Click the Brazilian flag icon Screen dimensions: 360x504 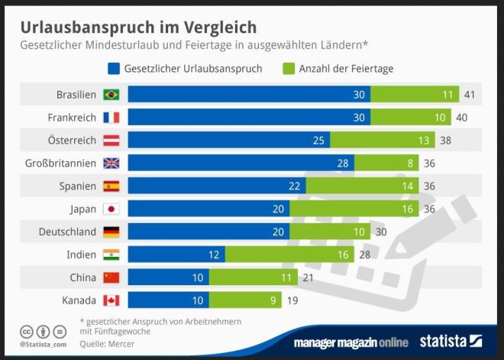111,95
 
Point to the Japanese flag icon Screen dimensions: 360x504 111,209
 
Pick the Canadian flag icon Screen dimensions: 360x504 111,300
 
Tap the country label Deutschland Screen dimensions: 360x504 67,232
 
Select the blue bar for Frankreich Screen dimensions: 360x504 248,118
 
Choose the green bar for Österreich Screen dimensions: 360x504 383,140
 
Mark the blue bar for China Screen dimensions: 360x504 168,277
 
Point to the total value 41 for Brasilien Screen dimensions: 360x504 470,95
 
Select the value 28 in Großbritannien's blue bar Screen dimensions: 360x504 344,163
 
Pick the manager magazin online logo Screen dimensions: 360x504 352,342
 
